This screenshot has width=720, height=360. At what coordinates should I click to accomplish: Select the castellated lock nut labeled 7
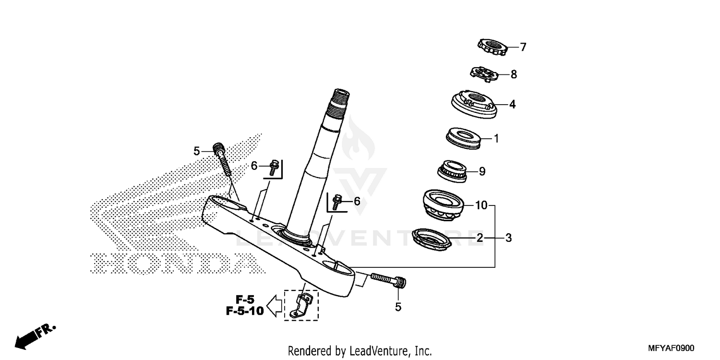(492, 47)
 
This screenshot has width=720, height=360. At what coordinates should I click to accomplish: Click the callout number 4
(512, 104)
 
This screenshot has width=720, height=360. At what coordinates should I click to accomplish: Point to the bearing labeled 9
(452, 170)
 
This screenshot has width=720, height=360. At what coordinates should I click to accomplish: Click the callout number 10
(481, 206)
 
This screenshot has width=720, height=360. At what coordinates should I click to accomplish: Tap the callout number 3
(508, 238)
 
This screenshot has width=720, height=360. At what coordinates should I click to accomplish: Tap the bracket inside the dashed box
(301, 306)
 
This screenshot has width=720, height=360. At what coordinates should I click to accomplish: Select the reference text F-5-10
(245, 311)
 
